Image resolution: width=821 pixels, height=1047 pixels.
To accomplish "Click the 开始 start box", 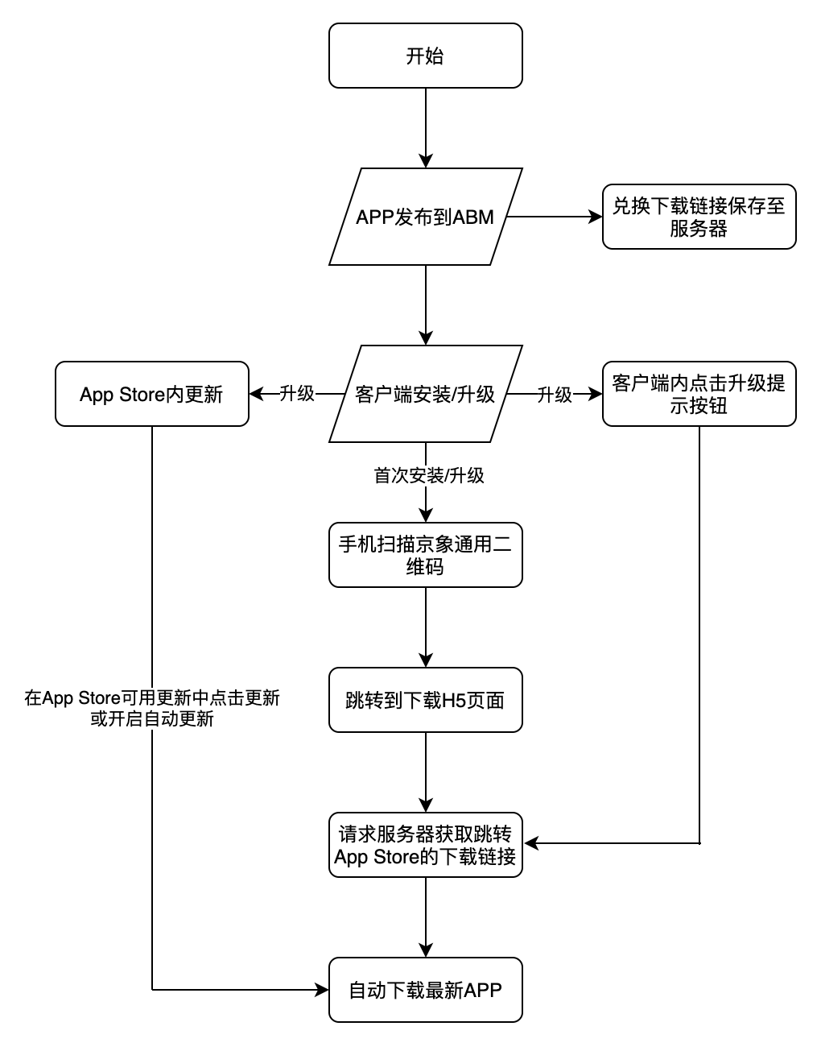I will pyautogui.click(x=425, y=56).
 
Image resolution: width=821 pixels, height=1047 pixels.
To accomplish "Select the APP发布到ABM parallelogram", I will pyautogui.click(x=425, y=217).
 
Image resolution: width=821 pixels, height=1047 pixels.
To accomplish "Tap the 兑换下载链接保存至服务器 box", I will pyautogui.click(x=699, y=217).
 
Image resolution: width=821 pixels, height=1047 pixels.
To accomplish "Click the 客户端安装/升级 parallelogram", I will pyautogui.click(x=425, y=394).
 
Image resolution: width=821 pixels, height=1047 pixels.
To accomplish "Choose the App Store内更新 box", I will pyautogui.click(x=151, y=394).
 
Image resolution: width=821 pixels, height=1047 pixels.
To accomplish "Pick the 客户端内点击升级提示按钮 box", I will pyautogui.click(x=699, y=394).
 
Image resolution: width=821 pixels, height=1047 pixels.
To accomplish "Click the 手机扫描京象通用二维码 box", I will pyautogui.click(x=425, y=555).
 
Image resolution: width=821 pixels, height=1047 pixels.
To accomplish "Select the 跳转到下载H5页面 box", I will pyautogui.click(x=425, y=700).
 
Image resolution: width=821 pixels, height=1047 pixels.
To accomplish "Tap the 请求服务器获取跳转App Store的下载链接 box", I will pyautogui.click(x=425, y=845).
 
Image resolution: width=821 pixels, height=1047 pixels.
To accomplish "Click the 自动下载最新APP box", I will pyautogui.click(x=425, y=990).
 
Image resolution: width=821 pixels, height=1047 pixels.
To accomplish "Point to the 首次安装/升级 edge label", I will pyautogui.click(x=429, y=475).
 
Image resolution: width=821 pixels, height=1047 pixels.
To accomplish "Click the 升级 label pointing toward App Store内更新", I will pyautogui.click(x=297, y=394).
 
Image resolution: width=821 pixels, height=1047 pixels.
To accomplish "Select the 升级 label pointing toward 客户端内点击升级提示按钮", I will pyautogui.click(x=555, y=394).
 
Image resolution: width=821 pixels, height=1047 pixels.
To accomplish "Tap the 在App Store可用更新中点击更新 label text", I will pyautogui.click(x=152, y=697).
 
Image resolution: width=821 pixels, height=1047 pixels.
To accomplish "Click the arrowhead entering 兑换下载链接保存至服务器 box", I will pyautogui.click(x=596, y=217).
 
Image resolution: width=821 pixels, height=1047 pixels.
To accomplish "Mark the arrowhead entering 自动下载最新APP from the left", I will pyautogui.click(x=323, y=989).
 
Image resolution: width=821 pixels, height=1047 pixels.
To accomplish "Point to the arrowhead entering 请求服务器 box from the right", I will pyautogui.click(x=530, y=843).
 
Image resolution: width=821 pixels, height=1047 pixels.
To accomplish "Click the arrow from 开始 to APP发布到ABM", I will pyautogui.click(x=426, y=125).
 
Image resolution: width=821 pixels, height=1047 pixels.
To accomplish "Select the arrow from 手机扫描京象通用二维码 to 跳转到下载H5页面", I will pyautogui.click(x=426, y=624).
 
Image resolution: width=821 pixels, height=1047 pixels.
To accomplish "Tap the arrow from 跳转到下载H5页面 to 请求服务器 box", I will pyautogui.click(x=426, y=769).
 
